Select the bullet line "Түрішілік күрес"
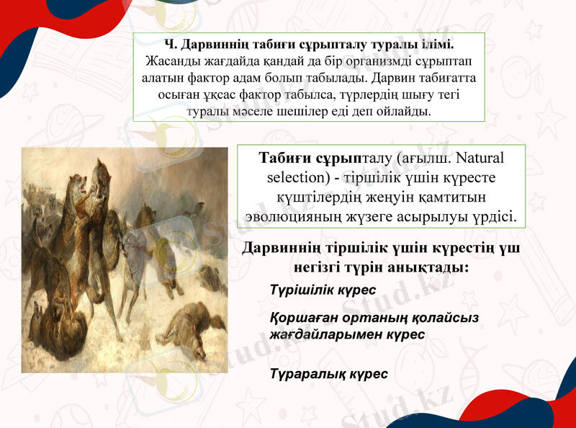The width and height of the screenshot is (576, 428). coord(323,290)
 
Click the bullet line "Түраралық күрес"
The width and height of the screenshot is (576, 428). coord(328,374)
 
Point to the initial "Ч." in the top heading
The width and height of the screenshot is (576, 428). coord(170,45)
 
